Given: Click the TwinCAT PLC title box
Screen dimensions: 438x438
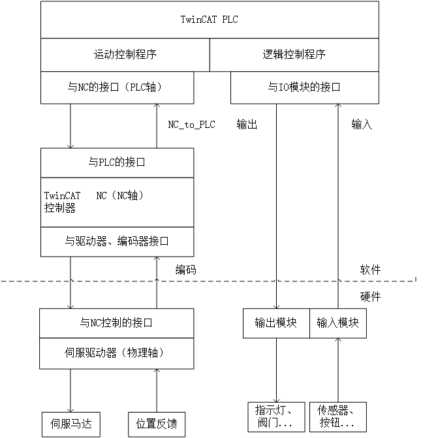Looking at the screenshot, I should (x=210, y=20).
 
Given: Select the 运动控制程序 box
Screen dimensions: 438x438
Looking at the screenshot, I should (x=125, y=55).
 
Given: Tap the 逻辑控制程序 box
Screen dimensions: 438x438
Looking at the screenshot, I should (x=294, y=55).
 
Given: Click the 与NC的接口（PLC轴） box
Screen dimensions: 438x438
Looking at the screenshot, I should (x=117, y=87).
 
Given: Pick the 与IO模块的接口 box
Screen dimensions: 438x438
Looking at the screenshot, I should (x=304, y=87).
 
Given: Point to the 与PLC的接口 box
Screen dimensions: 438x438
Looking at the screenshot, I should (x=117, y=163).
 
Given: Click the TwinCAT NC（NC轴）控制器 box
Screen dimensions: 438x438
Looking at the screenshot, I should (x=117, y=202).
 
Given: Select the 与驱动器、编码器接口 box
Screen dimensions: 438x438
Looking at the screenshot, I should (x=117, y=242).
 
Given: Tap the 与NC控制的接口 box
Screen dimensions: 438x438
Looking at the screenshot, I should (x=117, y=323).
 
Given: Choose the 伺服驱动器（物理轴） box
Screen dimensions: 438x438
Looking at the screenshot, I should (x=117, y=353).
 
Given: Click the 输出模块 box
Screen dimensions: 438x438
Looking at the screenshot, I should (x=276, y=323).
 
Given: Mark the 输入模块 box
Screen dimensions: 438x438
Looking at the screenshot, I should (x=337, y=323).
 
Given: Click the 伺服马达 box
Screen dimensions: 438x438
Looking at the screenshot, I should (x=71, y=424).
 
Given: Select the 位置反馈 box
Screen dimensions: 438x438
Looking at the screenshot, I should (x=157, y=424).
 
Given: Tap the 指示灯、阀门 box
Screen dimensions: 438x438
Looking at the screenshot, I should (x=276, y=416).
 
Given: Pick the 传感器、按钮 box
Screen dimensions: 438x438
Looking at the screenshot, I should (x=337, y=416).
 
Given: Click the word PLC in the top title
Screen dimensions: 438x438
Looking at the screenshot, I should (x=230, y=20).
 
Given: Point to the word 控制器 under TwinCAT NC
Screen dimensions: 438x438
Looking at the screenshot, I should (x=60, y=209).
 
